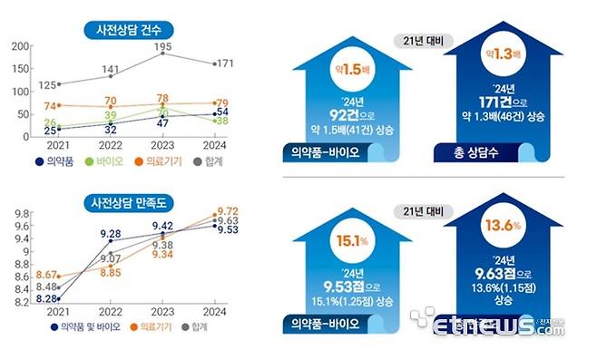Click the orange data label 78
click(x=162, y=98)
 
